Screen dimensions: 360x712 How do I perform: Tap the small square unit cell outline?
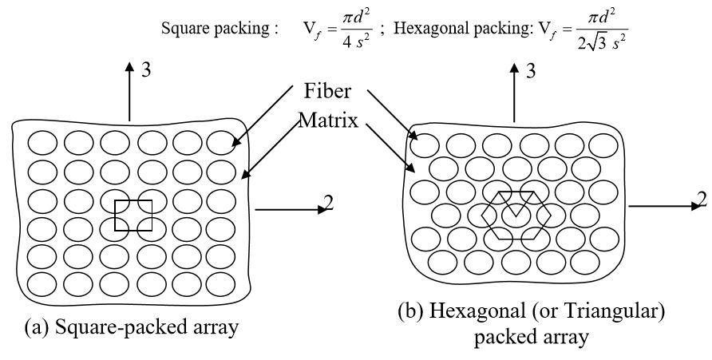click(x=133, y=216)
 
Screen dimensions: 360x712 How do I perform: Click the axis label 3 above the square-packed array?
click(x=146, y=70)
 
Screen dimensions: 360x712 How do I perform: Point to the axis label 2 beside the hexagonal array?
click(x=701, y=199)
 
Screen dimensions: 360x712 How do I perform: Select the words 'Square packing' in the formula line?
click(x=215, y=29)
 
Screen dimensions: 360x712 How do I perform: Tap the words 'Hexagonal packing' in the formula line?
click(x=455, y=29)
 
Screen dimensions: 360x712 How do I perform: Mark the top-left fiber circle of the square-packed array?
click(x=42, y=142)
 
